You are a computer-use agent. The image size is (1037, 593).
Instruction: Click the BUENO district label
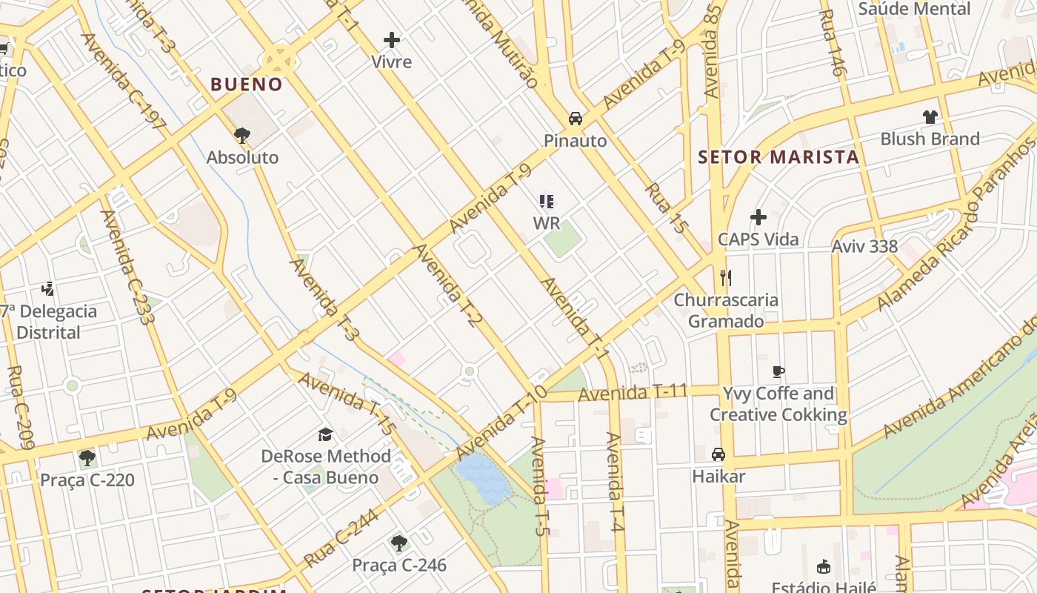(x=247, y=85)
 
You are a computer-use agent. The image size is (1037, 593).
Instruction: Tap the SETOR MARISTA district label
(x=778, y=157)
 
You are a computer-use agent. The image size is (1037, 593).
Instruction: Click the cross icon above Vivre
(x=392, y=40)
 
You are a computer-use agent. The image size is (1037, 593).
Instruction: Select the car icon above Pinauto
(x=575, y=119)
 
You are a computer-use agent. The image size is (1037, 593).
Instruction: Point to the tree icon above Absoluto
(x=241, y=135)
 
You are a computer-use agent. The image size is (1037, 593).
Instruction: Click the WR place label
(x=546, y=223)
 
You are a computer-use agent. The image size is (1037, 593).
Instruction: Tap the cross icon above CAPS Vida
(x=758, y=217)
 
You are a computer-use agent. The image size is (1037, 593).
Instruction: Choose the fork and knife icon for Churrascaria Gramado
(x=725, y=278)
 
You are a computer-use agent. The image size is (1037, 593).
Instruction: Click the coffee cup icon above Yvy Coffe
(x=778, y=371)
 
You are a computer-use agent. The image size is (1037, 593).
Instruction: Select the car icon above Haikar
(x=718, y=454)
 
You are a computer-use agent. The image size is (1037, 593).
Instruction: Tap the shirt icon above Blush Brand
(x=930, y=117)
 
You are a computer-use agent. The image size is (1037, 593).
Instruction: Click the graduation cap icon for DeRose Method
(x=325, y=434)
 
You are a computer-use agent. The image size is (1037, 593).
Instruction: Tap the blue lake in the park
(x=482, y=478)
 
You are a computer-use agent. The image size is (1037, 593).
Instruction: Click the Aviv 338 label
(x=864, y=246)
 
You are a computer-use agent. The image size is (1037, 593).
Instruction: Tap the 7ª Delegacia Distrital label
(x=49, y=322)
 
